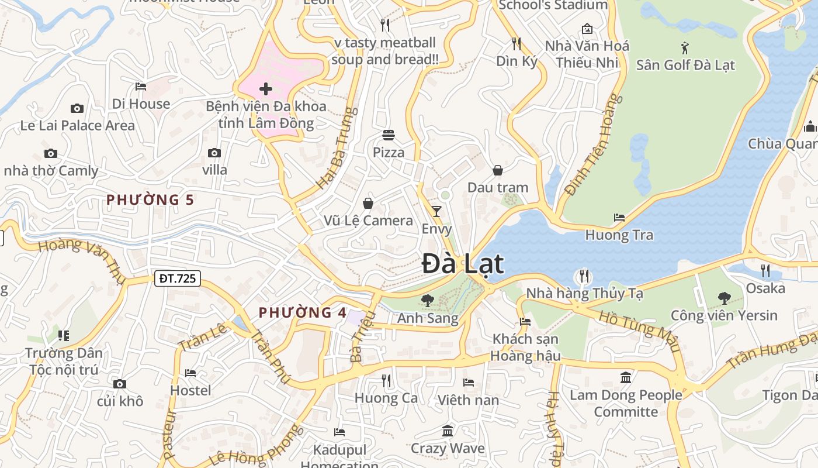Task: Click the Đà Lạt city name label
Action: click(x=462, y=264)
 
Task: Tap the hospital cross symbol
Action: click(x=266, y=89)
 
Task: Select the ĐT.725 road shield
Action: click(x=178, y=278)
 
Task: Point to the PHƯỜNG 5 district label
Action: click(x=150, y=200)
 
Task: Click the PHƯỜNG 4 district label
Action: click(x=303, y=312)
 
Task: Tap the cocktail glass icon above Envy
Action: click(x=436, y=211)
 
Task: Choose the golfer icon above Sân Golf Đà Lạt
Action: click(x=685, y=47)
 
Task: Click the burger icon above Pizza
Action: click(x=389, y=135)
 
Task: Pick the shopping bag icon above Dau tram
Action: click(x=498, y=170)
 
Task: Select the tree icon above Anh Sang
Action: click(x=428, y=301)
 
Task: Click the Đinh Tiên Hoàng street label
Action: click(x=591, y=145)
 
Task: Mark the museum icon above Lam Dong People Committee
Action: click(x=626, y=377)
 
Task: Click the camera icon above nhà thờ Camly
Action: click(x=51, y=154)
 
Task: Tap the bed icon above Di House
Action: click(x=141, y=87)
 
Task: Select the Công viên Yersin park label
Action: click(x=724, y=316)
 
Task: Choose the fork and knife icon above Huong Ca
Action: click(x=386, y=381)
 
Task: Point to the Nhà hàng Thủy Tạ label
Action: click(x=584, y=294)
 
